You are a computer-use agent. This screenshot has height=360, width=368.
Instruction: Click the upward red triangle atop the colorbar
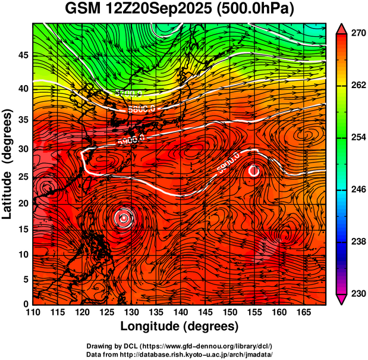(341, 29)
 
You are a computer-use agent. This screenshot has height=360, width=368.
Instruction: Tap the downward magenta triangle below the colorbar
(341, 299)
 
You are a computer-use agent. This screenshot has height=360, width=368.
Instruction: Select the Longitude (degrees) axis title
(180, 326)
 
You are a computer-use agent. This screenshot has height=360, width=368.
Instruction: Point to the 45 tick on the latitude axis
(24, 55)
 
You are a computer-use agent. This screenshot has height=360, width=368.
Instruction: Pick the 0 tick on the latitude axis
(26, 304)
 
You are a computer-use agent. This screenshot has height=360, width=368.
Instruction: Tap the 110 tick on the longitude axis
(33, 312)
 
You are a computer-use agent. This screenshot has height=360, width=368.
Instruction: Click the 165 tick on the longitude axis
(302, 312)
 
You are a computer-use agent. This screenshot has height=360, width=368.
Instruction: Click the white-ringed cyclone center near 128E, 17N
(124, 218)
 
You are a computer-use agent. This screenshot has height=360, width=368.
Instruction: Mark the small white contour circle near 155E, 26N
(254, 171)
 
